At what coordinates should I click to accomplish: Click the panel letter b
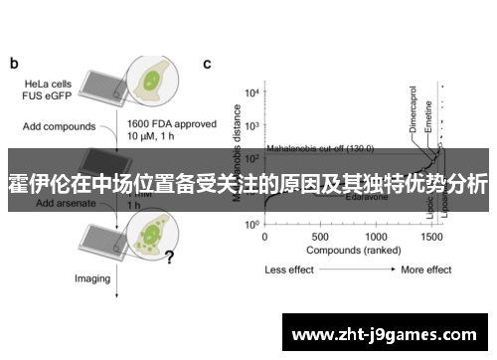(x=15, y=64)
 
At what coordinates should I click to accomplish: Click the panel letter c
(x=207, y=64)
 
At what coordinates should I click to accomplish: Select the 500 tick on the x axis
(x=320, y=238)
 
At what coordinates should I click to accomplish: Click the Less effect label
(x=289, y=270)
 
